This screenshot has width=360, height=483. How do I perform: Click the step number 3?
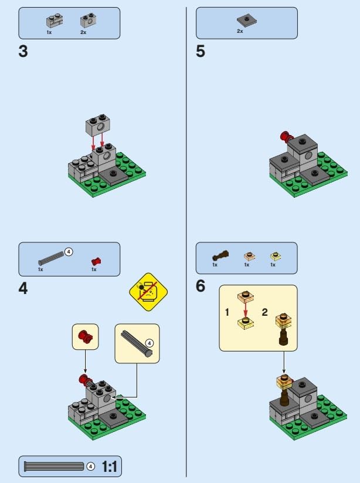[23, 51]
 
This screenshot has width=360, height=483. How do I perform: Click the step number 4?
[23, 289]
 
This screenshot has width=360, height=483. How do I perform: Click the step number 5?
[201, 51]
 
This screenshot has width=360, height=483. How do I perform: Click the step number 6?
[201, 286]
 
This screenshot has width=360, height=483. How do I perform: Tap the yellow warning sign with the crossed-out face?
[148, 292]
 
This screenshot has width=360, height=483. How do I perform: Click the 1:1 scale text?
[109, 467]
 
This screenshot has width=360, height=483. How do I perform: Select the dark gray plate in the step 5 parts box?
[247, 21]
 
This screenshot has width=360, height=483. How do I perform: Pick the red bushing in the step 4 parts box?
[96, 261]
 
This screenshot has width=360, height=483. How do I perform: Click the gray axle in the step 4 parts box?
[51, 258]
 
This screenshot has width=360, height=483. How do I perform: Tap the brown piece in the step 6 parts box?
[220, 256]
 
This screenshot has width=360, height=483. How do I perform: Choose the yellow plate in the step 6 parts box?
[276, 256]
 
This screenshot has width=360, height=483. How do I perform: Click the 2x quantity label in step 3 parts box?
[83, 32]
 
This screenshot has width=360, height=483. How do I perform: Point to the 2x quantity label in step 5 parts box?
[240, 31]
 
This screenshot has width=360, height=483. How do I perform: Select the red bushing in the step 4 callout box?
[85, 336]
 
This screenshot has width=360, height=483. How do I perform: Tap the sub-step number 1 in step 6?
[227, 312]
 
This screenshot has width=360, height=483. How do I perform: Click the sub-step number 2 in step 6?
[264, 312]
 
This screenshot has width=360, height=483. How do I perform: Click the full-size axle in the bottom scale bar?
[54, 467]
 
